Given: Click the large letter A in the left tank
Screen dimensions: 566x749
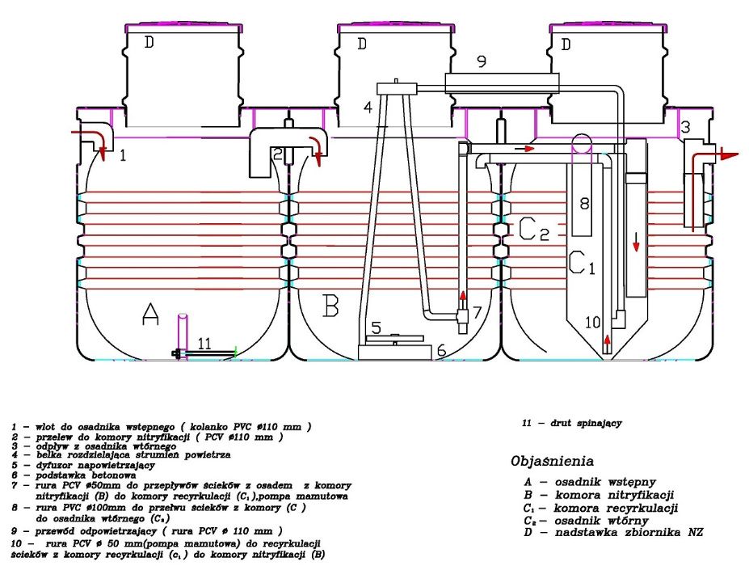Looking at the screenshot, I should (149, 315).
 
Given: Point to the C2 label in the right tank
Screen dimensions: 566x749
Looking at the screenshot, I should (533, 230).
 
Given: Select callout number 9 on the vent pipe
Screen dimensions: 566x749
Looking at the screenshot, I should (480, 61).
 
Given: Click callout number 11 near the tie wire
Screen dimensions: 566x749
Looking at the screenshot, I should (204, 344).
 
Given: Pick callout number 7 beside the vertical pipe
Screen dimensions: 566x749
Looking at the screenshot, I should (477, 311).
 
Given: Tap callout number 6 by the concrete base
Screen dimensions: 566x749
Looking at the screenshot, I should (441, 350).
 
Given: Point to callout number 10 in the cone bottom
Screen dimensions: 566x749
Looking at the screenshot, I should (593, 322).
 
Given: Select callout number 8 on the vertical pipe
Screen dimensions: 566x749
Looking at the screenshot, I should (584, 204).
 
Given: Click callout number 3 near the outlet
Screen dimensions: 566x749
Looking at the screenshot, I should (685, 127).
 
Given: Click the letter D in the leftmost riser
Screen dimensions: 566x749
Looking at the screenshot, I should (149, 43).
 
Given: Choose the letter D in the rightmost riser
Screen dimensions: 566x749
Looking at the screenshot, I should (566, 44).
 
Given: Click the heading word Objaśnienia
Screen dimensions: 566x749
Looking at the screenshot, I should (553, 462).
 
